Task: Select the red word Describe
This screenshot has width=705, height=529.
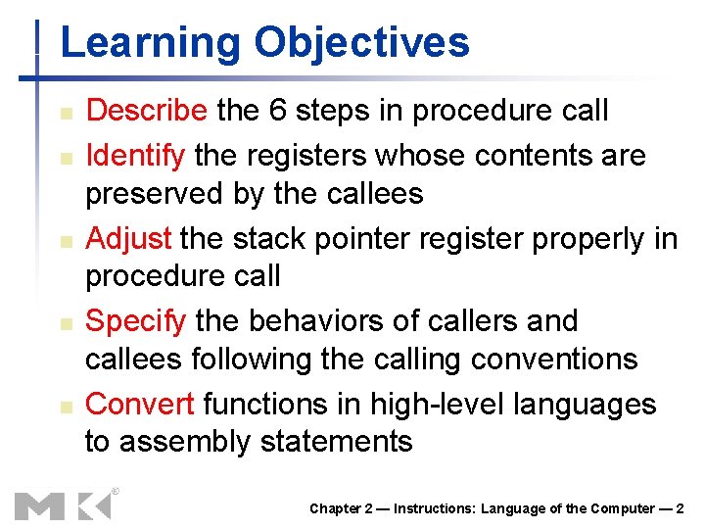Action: click(x=147, y=111)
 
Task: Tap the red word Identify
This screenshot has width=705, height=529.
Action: click(x=135, y=154)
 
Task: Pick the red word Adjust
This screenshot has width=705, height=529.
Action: click(x=129, y=238)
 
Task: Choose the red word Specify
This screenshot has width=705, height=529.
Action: click(x=137, y=321)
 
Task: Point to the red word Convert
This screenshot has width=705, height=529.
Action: click(x=143, y=404)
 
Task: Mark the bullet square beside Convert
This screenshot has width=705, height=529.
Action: click(x=62, y=406)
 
